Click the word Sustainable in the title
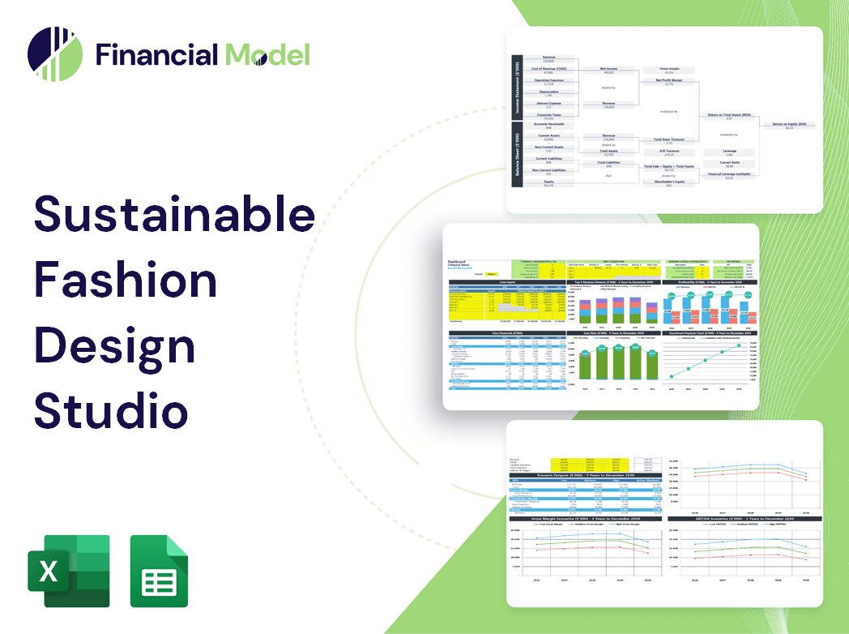(x=174, y=216)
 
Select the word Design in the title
(x=114, y=346)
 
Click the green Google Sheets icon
(x=160, y=571)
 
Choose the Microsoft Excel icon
(x=68, y=571)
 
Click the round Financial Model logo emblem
(x=54, y=54)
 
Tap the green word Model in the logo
(x=267, y=55)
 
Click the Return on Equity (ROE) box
(x=789, y=126)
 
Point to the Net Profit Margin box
(x=668, y=82)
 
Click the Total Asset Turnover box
(x=668, y=141)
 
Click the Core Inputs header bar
(x=507, y=282)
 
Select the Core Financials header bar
(x=507, y=333)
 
